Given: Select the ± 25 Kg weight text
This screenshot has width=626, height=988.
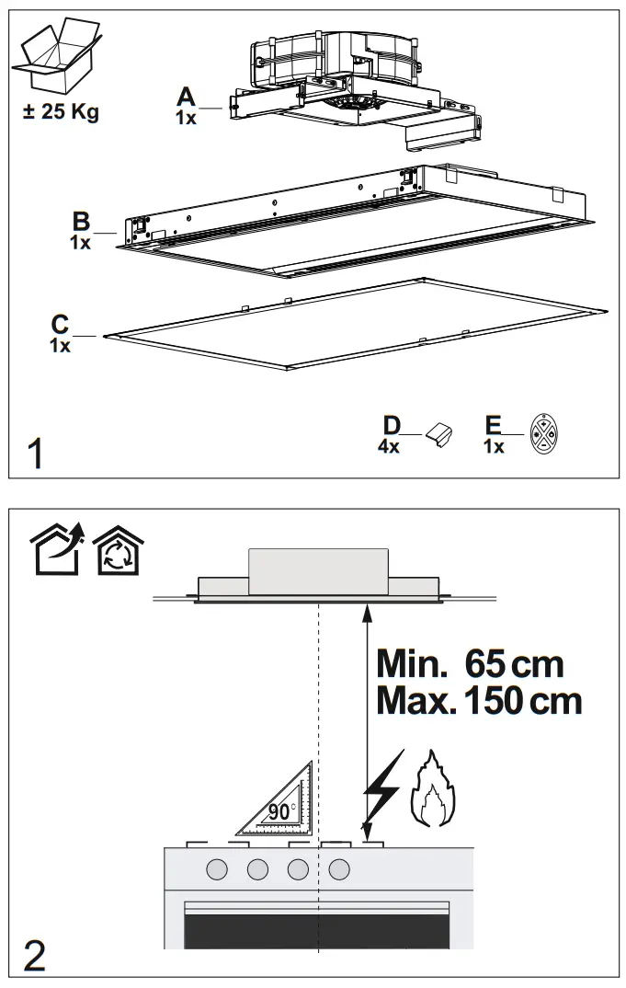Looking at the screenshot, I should pyautogui.click(x=62, y=114).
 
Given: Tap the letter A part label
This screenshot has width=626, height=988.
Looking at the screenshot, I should pyautogui.click(x=187, y=97).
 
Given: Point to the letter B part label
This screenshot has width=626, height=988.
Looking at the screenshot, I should pyautogui.click(x=82, y=222).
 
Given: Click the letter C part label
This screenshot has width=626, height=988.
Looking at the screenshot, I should pyautogui.click(x=60, y=324).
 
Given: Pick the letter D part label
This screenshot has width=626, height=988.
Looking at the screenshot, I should pyautogui.click(x=392, y=425).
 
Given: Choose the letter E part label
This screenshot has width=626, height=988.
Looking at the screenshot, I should pyautogui.click(x=494, y=425).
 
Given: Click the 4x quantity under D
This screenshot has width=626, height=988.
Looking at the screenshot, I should pyautogui.click(x=390, y=446).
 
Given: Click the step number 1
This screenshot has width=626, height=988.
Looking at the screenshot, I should pyautogui.click(x=36, y=454).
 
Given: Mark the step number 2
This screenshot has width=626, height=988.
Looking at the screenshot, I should pyautogui.click(x=35, y=956).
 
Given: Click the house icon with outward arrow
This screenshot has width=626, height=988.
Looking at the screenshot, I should pyautogui.click(x=56, y=552).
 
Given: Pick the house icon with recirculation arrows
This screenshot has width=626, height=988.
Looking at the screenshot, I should pyautogui.click(x=116, y=552).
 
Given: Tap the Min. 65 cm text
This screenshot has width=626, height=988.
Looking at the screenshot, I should pyautogui.click(x=470, y=663).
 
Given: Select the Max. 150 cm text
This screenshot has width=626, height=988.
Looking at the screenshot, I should pyautogui.click(x=479, y=702).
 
